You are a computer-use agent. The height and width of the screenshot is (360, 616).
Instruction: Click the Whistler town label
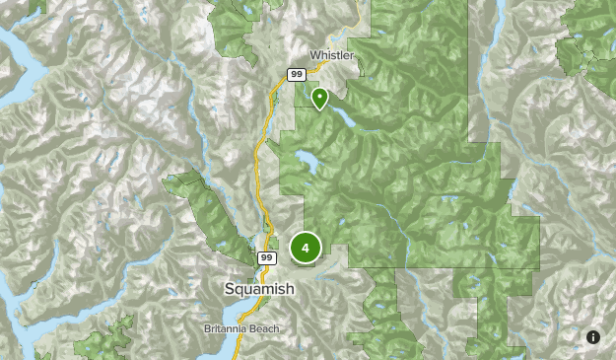tap(331, 56)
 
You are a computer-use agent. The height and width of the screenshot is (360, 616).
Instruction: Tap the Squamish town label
tap(259, 288)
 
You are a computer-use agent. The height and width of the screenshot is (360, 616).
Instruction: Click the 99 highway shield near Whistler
tap(296, 74)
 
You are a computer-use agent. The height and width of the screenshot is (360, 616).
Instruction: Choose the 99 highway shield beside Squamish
tap(267, 257)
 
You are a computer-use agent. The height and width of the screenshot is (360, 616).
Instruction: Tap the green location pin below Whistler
tap(319, 98)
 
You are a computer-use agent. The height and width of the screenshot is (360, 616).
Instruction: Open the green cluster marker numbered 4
tap(306, 248)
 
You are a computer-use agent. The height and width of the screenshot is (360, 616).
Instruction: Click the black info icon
tap(593, 337)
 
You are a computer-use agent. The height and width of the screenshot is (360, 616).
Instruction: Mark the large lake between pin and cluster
tap(307, 161)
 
